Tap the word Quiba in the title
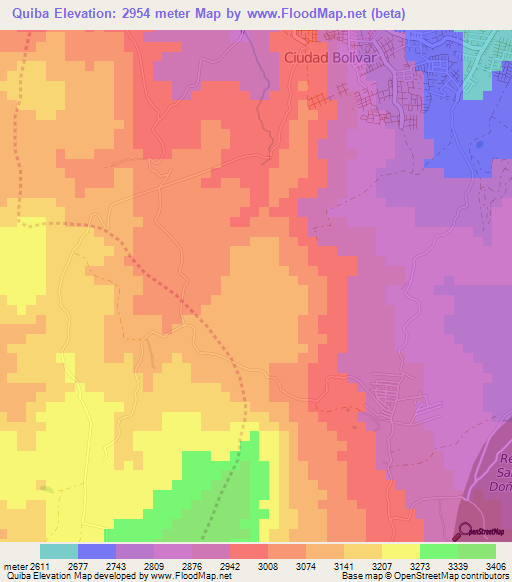click(34, 14)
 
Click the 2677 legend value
click(97, 565)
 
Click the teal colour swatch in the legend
click(59, 551)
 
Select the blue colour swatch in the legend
click(97, 551)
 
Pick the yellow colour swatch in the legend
click(401, 551)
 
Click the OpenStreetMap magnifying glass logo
click(463, 531)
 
